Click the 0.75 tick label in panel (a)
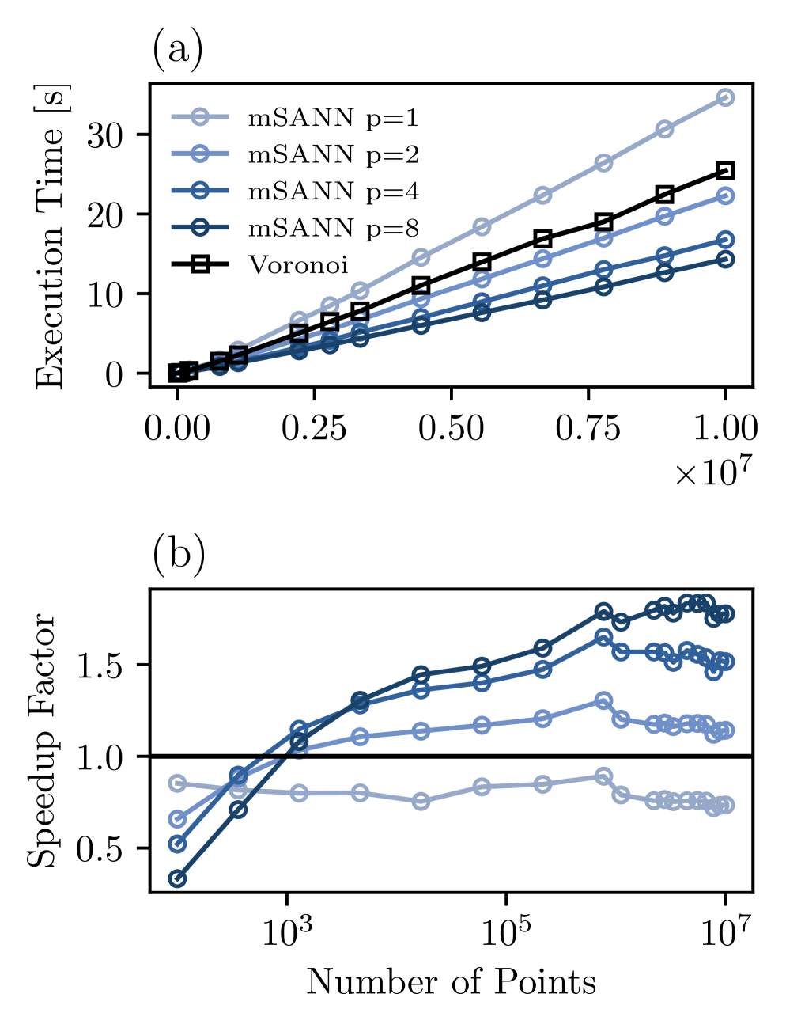coord(588,428)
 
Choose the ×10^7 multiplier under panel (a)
coord(711,472)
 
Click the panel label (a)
coord(177,51)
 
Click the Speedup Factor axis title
coord(42,740)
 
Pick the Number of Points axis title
coord(451,981)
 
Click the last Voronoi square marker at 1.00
coord(725,170)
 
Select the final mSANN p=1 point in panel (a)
coord(725,97)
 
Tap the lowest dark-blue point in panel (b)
coord(178,878)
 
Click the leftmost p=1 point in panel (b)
coord(178,783)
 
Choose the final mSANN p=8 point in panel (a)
coord(725,260)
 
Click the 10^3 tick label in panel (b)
coord(285,933)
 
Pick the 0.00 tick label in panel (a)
coord(177,428)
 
